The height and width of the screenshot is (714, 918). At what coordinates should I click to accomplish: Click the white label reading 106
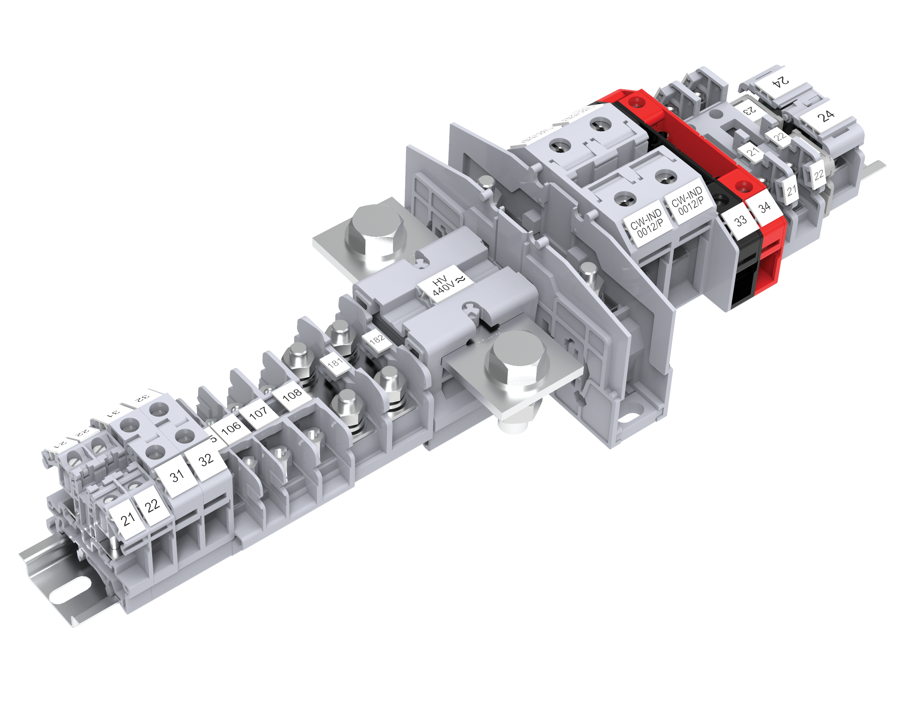coord(231,428)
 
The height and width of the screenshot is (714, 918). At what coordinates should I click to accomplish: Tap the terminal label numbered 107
coord(258,413)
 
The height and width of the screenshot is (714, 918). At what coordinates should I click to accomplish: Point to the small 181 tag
coord(335,362)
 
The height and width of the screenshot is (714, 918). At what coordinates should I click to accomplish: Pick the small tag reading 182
coord(377,339)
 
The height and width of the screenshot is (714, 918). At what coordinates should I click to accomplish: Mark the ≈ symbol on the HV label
coord(460,279)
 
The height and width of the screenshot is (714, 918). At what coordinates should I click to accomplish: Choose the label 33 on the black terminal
coord(740,221)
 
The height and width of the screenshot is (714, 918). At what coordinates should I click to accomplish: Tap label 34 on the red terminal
coord(764,207)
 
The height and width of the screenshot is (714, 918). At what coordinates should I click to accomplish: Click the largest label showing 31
coord(177,476)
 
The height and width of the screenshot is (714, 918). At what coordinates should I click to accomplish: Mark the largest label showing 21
coord(127,520)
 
